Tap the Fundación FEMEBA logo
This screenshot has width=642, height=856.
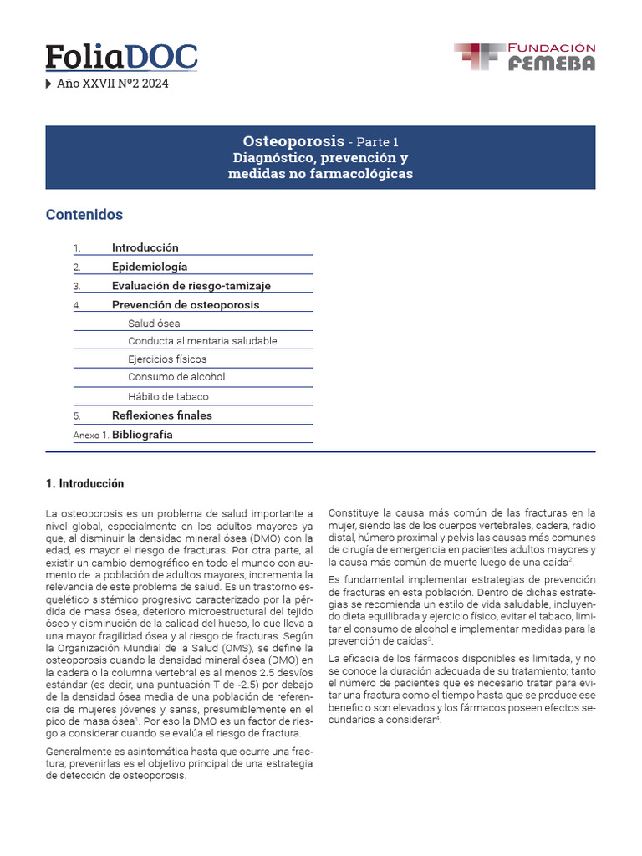click(x=524, y=57)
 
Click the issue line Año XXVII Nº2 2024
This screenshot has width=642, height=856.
click(x=112, y=84)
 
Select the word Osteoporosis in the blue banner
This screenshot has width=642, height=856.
click(x=293, y=140)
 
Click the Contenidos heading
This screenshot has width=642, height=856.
click(x=84, y=215)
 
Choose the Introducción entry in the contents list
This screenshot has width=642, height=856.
click(x=145, y=247)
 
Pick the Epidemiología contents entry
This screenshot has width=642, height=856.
click(x=150, y=267)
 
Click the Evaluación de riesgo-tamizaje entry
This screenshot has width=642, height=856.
click(x=191, y=286)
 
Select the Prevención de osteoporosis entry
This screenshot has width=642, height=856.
click(x=186, y=305)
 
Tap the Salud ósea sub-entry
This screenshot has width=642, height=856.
click(x=154, y=324)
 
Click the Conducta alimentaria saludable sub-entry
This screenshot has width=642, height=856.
click(x=202, y=341)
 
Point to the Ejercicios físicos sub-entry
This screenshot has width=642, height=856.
click(x=167, y=359)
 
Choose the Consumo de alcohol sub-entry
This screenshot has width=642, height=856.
click(x=176, y=377)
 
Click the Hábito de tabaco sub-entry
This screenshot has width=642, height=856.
click(x=168, y=396)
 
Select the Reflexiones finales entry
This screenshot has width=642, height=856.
click(x=162, y=415)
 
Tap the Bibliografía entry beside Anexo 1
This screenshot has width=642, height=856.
click(x=142, y=435)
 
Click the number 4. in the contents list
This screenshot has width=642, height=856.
click(x=77, y=305)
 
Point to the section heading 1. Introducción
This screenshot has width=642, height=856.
click(x=84, y=484)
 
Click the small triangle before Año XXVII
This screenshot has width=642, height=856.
click(x=48, y=84)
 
